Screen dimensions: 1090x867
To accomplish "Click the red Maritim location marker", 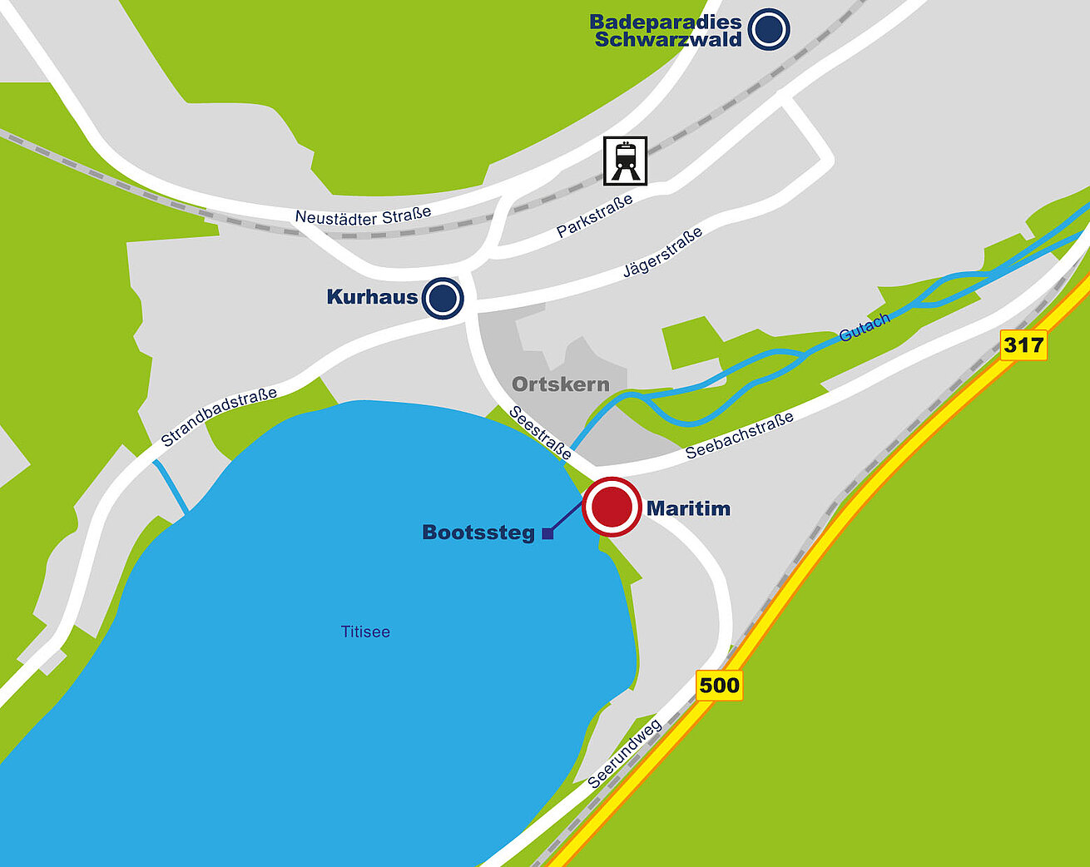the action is [x=612, y=507].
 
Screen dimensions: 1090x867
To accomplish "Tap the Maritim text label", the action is [x=688, y=508].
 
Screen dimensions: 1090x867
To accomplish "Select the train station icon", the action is [x=625, y=161].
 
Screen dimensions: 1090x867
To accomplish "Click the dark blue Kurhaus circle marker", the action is [x=442, y=298].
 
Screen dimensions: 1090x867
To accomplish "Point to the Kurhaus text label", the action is [x=372, y=296].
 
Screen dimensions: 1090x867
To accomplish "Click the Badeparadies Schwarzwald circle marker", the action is [x=769, y=29].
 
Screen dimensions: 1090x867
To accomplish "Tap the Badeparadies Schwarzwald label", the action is [x=666, y=31].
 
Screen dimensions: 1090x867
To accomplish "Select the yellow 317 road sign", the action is [x=1023, y=344].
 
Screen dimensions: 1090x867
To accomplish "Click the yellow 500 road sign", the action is [x=719, y=685].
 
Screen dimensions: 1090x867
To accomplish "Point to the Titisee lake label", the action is [x=365, y=632].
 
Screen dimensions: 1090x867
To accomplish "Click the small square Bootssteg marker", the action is [x=547, y=534].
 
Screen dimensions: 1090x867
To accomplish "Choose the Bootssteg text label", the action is [x=478, y=533].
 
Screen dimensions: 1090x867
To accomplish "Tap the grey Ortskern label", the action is [x=560, y=384].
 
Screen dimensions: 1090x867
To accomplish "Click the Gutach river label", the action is [x=865, y=327].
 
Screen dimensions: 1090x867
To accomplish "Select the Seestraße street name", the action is [x=540, y=433].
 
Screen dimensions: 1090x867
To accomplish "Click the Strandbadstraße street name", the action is [x=219, y=417].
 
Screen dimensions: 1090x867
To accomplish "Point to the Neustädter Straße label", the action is [x=363, y=216].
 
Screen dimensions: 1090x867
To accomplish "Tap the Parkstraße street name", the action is [x=594, y=216].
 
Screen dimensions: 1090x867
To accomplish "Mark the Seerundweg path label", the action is [x=625, y=754].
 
